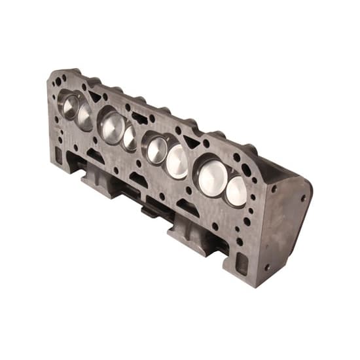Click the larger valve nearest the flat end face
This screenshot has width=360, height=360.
[x=212, y=177]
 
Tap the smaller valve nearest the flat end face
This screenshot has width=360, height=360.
[x=236, y=190]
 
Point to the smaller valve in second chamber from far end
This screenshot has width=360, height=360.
[x=130, y=138]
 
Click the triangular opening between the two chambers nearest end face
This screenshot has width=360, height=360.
[x=191, y=141]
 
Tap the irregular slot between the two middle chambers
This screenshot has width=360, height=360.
[x=139, y=118]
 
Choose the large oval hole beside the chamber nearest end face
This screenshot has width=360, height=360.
[x=246, y=170]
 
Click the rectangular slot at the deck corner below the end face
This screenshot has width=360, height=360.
[x=242, y=262]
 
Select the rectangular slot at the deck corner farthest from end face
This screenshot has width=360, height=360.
[x=58, y=155]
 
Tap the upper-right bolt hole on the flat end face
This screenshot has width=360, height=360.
[x=302, y=197]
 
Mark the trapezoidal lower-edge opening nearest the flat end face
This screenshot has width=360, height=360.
[x=187, y=206]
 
